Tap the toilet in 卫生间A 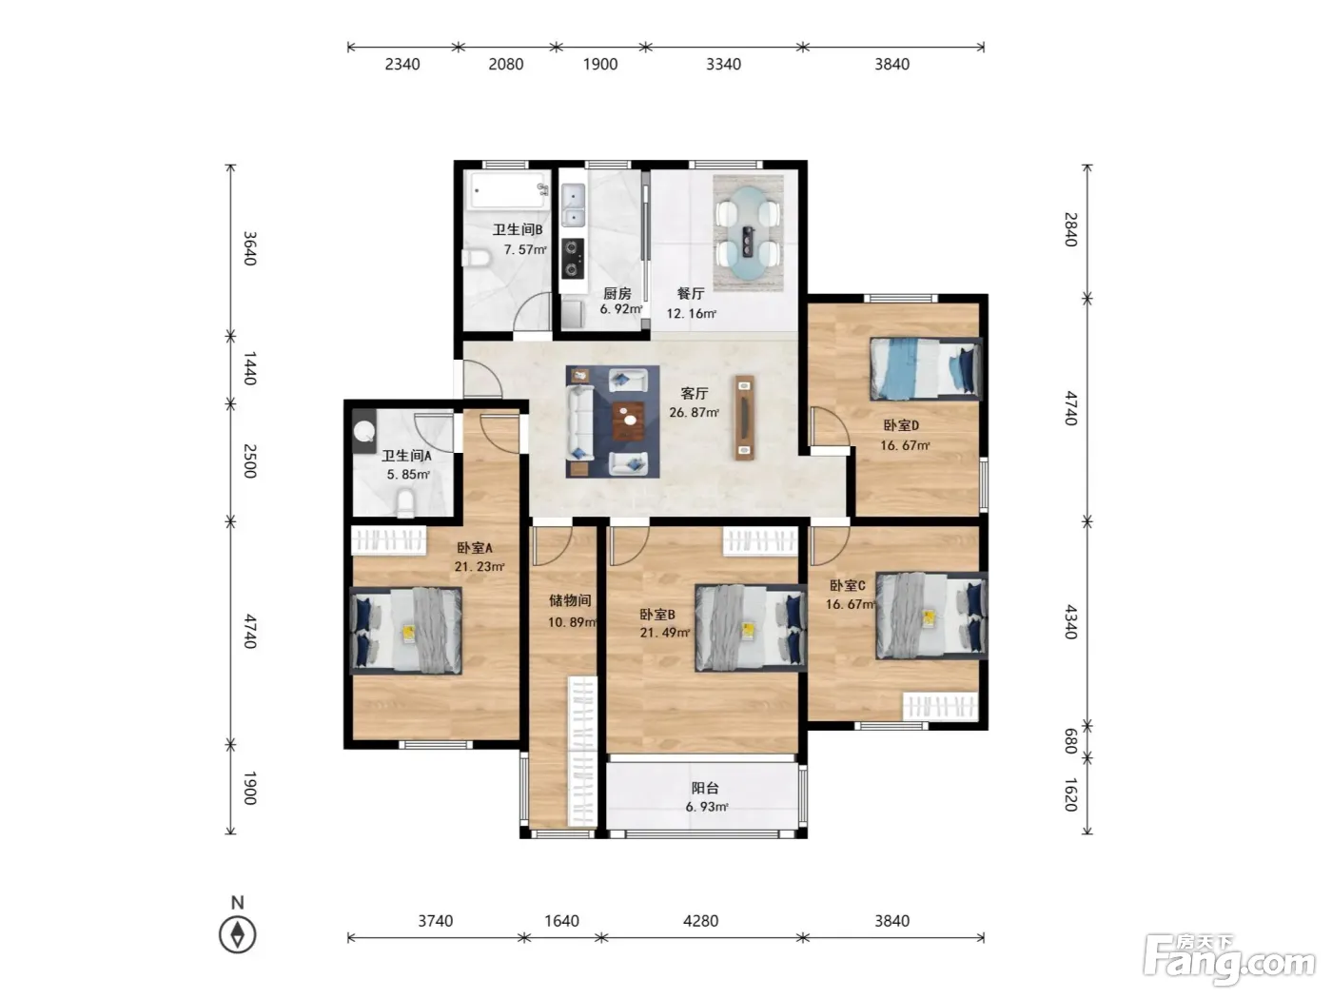click(404, 504)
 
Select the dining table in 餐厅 click(748, 233)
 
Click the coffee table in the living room click(628, 421)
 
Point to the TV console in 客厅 click(745, 418)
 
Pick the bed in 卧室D click(926, 368)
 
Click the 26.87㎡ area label click(694, 413)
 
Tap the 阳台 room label click(705, 788)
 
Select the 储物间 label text click(570, 600)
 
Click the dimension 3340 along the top click(723, 64)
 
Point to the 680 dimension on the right click(1071, 741)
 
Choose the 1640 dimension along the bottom click(561, 921)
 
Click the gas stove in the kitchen click(572, 258)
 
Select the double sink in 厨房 click(573, 206)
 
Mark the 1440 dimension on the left click(250, 368)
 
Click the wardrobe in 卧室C click(940, 706)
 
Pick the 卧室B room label click(657, 615)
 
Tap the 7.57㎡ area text click(525, 249)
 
